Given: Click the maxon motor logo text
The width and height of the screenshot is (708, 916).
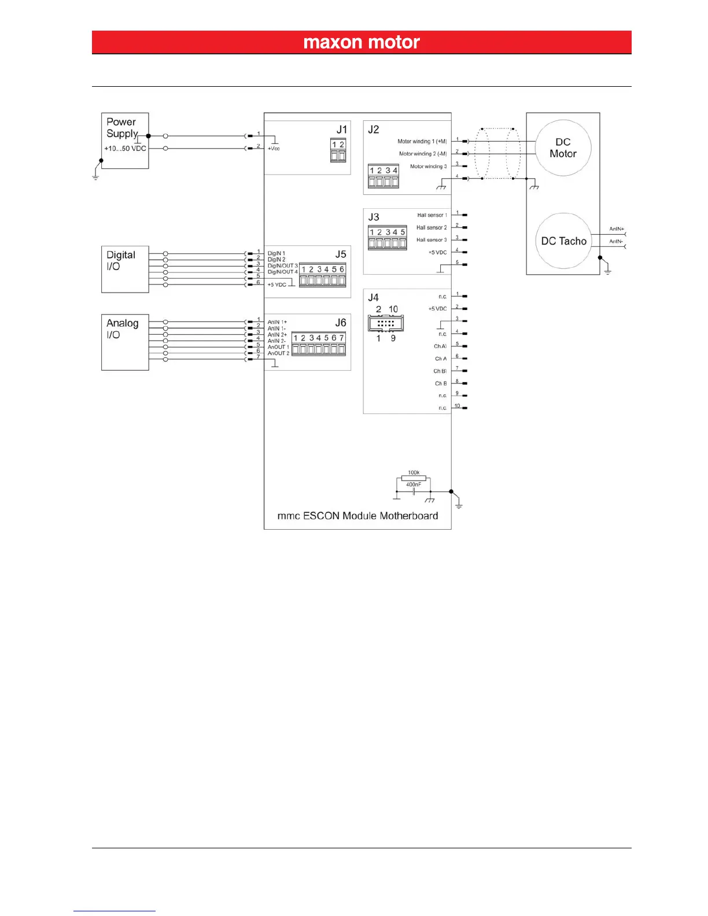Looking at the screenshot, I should pos(362,42).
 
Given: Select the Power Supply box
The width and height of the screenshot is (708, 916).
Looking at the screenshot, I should pos(125,141).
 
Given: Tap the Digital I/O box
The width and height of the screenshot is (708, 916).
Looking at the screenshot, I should pos(125,269).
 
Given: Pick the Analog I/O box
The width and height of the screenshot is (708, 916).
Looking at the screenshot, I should pos(125,342).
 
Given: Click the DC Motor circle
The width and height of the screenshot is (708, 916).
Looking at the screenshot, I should pos(563,148).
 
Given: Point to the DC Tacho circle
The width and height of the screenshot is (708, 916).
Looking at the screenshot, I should pos(564,241).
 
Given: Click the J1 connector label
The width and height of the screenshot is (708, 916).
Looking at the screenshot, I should pos(342,130).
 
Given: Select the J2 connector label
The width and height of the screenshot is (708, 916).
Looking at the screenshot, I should pos(374,130).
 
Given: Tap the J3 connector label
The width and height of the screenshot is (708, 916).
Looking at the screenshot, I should pos(374,217).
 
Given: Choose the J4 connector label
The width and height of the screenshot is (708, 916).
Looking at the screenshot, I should pos(374,298).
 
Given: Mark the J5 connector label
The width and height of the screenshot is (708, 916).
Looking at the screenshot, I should pos(341,254).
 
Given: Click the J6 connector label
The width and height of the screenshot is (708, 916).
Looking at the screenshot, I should pos(341,323).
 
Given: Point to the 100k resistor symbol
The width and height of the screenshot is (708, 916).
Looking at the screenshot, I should pos(414,478).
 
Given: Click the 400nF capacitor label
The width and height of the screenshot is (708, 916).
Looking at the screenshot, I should pos(414,485).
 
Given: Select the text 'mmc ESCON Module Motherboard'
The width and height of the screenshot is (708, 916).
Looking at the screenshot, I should pos(357,516).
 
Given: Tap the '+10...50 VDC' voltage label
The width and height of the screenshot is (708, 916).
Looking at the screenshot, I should pos(125,149).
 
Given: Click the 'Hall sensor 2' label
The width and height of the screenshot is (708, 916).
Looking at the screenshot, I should pos(432,227).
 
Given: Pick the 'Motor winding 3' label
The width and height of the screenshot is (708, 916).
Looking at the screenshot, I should pos(428,167).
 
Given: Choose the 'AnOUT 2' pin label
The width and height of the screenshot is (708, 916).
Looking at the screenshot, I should pos(278,353).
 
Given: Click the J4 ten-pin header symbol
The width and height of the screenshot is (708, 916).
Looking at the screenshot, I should pos(386,323).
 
